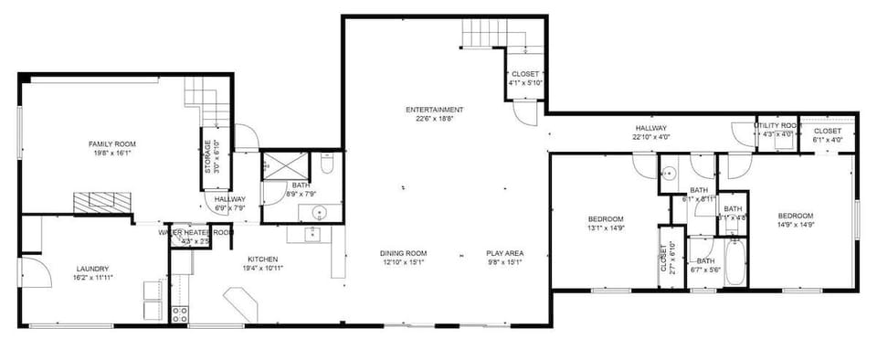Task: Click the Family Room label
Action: tap(111, 144)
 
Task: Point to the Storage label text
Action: tap(207, 156)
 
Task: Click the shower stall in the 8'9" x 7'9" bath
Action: tap(276, 168)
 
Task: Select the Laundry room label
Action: tap(92, 269)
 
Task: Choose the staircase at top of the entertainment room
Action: tap(481, 34)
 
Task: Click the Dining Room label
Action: tap(403, 253)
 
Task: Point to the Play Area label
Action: tap(503, 253)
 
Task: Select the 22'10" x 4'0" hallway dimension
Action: tap(651, 137)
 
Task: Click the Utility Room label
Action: tap(778, 125)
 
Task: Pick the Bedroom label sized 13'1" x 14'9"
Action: tap(605, 219)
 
